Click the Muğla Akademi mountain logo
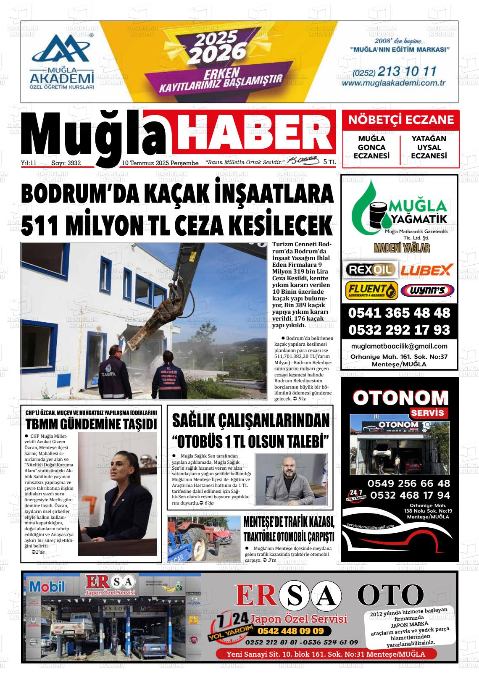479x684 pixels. pos(61,48)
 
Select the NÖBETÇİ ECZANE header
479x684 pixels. pos(401,120)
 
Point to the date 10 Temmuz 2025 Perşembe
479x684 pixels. pos(160,163)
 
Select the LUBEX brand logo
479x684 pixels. pos(426,270)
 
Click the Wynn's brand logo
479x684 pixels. pos(427,290)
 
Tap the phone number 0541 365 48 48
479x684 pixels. pos(399,313)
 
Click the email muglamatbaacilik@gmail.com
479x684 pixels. pos(399,346)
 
